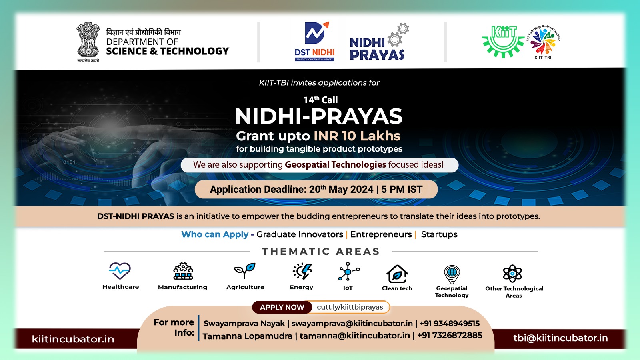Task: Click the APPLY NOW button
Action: click(x=282, y=307)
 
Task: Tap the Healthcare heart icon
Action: click(x=120, y=271)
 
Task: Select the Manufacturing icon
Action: click(x=183, y=271)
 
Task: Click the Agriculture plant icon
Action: click(x=245, y=271)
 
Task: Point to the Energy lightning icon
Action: click(x=302, y=271)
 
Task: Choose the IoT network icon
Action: click(x=348, y=272)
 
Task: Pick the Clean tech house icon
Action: click(x=397, y=274)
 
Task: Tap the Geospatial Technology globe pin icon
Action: click(x=452, y=274)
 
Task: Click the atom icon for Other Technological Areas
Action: click(x=512, y=274)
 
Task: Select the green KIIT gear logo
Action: click(x=503, y=41)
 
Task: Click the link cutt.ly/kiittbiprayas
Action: click(x=350, y=307)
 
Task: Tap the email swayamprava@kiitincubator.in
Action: click(x=352, y=323)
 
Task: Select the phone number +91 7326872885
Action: click(x=450, y=335)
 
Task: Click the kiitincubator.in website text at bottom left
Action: click(x=73, y=339)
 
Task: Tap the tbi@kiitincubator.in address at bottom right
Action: click(x=560, y=338)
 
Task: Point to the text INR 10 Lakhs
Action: click(x=357, y=136)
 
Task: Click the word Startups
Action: click(x=439, y=234)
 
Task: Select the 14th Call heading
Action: click(x=320, y=100)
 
